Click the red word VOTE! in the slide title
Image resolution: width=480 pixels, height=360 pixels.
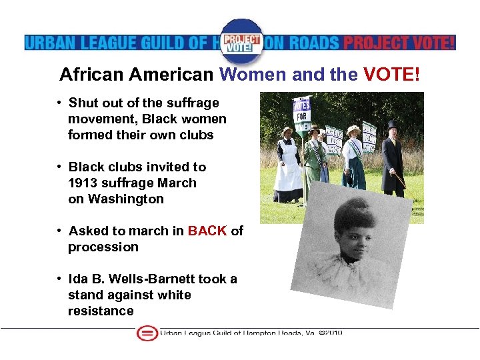(392, 75)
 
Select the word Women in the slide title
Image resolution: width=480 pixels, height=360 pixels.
(254, 75)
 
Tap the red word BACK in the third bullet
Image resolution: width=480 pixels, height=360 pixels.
(207, 231)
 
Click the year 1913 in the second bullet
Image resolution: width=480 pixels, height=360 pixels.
(83, 183)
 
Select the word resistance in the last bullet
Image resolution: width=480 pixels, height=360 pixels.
(101, 311)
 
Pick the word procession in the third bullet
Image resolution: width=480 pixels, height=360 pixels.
(103, 247)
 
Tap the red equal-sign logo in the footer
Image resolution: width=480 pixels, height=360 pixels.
(147, 333)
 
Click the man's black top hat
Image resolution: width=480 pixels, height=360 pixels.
(391, 126)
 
